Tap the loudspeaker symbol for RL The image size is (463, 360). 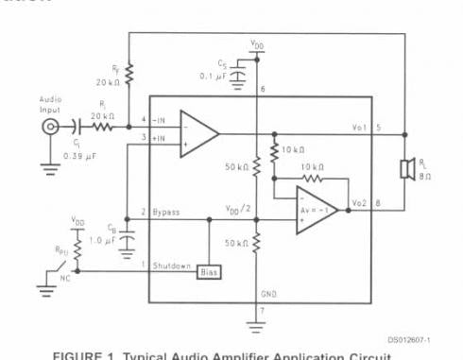pos(403,171)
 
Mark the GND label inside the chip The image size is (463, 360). pos(269,295)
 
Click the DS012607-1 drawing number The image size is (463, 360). pos(409,338)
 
